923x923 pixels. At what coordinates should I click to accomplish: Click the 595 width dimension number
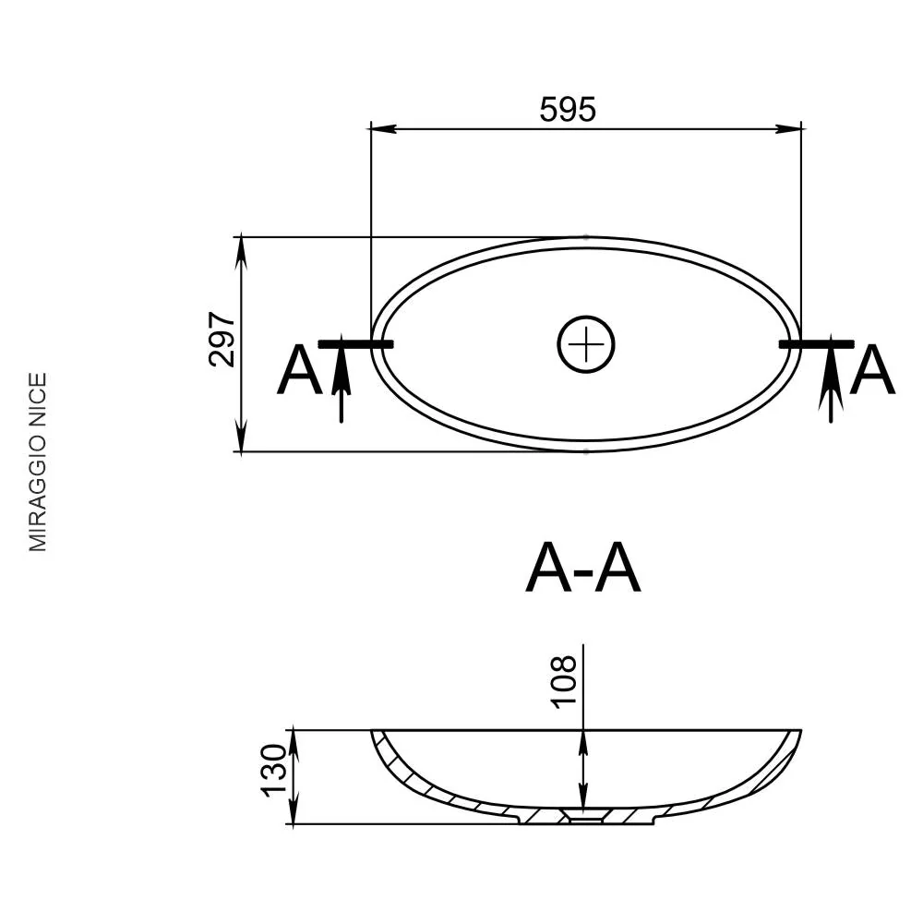pos(568,109)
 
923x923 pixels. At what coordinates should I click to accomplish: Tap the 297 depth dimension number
pos(222,340)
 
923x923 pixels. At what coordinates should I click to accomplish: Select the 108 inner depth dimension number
pos(563,681)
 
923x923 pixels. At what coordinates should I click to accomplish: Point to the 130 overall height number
pos(274,771)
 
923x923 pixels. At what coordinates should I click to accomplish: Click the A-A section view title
pos(582,569)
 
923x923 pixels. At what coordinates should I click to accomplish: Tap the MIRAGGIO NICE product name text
pos(38,462)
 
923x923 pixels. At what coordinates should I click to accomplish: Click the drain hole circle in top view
pos(586,344)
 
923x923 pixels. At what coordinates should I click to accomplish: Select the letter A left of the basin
pos(300,371)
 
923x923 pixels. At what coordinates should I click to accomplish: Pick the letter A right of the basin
pos(872,371)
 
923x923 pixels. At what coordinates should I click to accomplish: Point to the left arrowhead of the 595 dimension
pos(383,127)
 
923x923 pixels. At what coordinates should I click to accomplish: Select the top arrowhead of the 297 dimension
pos(241,250)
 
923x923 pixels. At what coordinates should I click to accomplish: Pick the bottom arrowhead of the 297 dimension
pos(241,438)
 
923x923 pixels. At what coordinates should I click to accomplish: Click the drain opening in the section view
pos(582,816)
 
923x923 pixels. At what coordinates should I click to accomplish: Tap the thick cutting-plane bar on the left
pos(355,343)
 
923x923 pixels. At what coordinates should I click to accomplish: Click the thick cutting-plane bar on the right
pos(817,343)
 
